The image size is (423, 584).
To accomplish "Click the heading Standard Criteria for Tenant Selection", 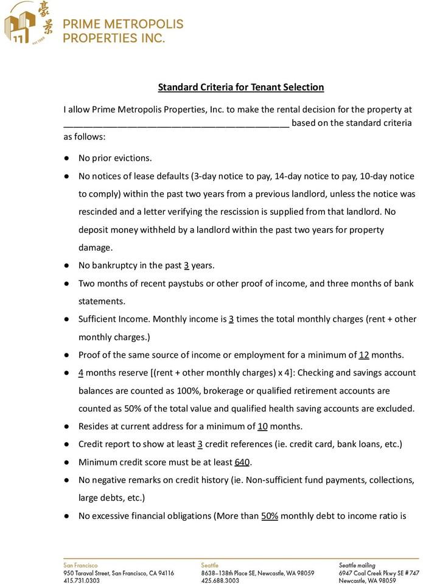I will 241,87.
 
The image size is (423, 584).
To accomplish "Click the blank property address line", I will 176,123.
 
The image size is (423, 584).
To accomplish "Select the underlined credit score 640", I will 242,462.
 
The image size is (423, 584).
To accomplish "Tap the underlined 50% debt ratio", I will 270,516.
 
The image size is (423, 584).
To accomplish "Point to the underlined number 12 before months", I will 364,355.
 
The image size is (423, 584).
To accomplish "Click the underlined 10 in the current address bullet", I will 263,426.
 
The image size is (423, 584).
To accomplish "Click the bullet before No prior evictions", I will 66,159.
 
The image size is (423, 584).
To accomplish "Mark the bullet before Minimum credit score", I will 66,462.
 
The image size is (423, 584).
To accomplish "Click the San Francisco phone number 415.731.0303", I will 82,580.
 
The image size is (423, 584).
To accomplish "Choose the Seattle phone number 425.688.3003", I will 220,580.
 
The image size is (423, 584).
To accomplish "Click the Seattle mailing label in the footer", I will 357,565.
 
